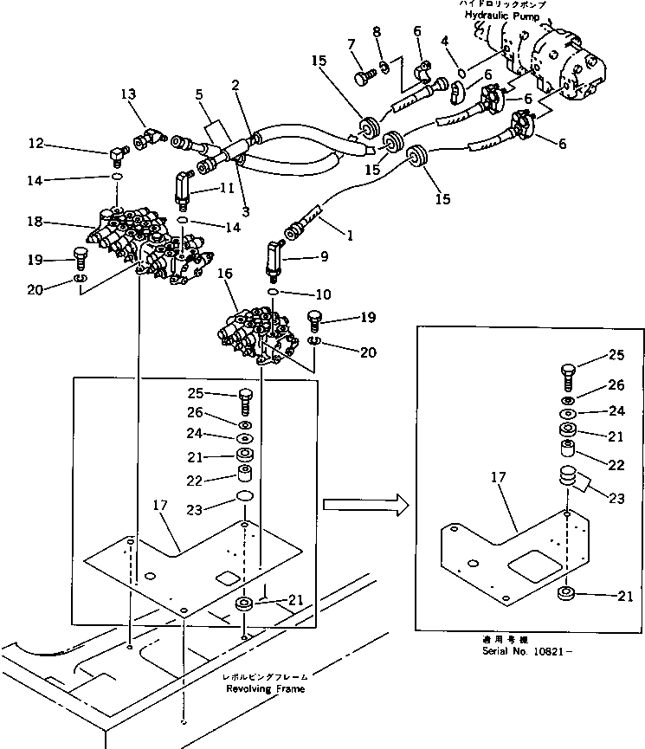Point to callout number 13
tap(128, 94)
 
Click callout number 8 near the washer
tap(377, 32)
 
